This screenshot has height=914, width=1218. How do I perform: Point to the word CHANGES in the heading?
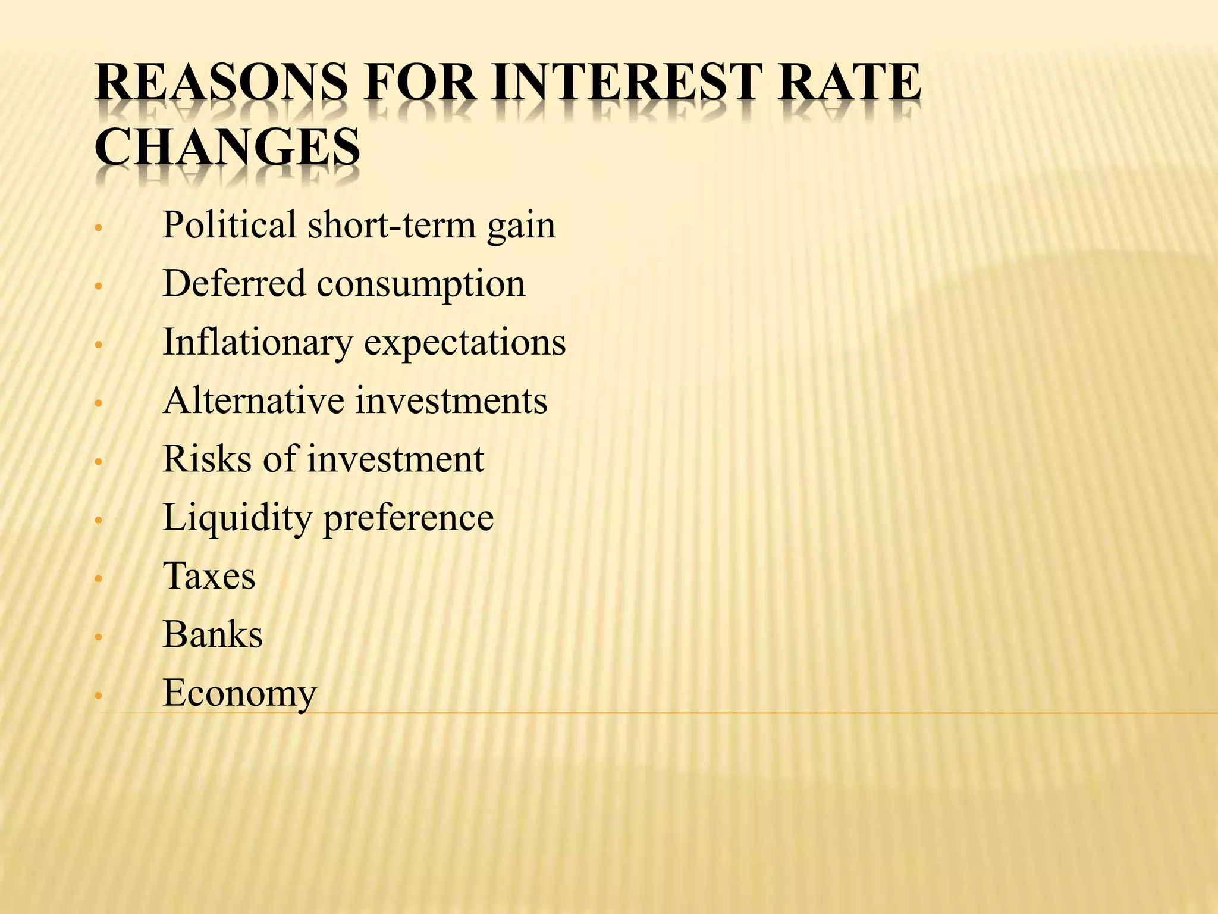pos(227,147)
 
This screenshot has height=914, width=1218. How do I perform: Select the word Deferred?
pos(234,283)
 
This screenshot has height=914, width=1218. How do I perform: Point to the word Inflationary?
pos(258,343)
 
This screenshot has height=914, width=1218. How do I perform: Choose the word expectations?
pos(465,343)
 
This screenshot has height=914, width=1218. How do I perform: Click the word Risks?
pos(207,459)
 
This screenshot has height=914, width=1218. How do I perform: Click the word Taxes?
pos(209,576)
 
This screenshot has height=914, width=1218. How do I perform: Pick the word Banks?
pos(212,634)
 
